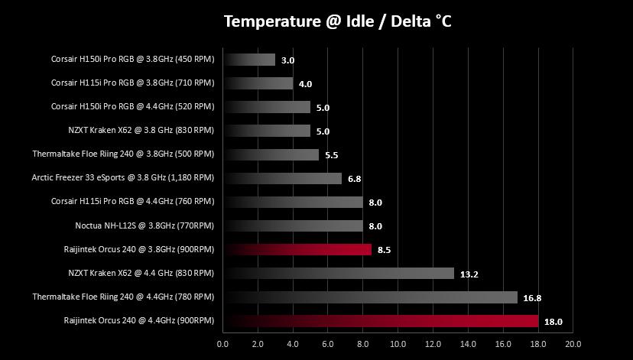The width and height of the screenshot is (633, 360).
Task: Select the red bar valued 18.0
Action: pos(381,321)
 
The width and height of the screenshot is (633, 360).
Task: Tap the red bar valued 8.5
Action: pos(297,249)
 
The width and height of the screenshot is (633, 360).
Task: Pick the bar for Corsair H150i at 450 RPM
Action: pos(249,60)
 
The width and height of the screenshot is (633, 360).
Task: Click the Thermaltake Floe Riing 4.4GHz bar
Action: pos(370,297)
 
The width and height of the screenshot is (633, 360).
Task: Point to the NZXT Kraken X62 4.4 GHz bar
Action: pos(339,273)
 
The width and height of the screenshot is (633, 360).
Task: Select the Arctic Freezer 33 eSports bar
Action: pos(283,178)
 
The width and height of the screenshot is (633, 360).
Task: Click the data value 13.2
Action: pos(469,274)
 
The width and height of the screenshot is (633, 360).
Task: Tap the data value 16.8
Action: pos(532,298)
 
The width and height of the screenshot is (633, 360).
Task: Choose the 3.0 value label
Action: pos(288,60)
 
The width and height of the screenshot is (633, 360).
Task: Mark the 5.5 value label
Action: pos(332,155)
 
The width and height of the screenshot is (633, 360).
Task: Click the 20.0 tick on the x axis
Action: pos(573,344)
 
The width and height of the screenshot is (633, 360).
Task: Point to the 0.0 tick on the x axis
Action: pos(222,344)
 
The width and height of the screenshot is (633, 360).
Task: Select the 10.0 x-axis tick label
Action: pos(398,344)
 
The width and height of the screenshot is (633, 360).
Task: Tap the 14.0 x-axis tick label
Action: pos(468,344)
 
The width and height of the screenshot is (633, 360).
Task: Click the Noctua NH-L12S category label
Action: pos(144,225)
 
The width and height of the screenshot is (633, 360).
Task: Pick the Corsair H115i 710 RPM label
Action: pos(132,83)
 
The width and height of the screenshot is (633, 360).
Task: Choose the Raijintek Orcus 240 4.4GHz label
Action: pos(139,320)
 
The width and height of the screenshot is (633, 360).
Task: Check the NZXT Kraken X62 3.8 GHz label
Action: pos(141,131)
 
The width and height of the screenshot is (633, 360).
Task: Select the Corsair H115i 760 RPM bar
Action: pos(293,203)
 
